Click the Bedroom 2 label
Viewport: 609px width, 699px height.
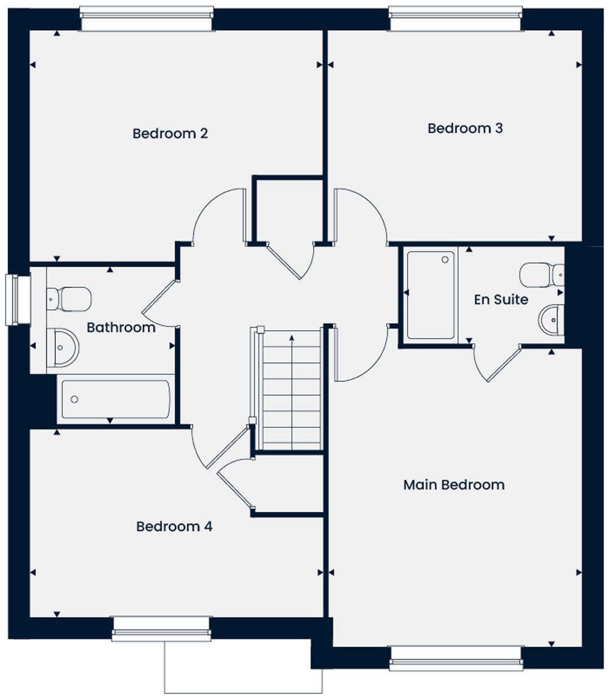[170, 134]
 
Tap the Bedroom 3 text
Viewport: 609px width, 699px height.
[465, 129]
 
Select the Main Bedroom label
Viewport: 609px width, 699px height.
[453, 485]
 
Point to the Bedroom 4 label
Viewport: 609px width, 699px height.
[174, 527]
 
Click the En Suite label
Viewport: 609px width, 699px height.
[501, 299]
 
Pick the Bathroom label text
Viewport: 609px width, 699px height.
[121, 328]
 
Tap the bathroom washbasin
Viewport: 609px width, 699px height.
[62, 347]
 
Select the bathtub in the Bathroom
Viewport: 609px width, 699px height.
[115, 399]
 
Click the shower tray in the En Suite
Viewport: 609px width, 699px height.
[430, 295]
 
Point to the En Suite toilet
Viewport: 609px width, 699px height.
[540, 275]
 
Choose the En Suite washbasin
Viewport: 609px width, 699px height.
[551, 320]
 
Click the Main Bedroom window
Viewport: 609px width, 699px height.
[455, 658]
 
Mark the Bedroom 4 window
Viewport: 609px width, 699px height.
[161, 629]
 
